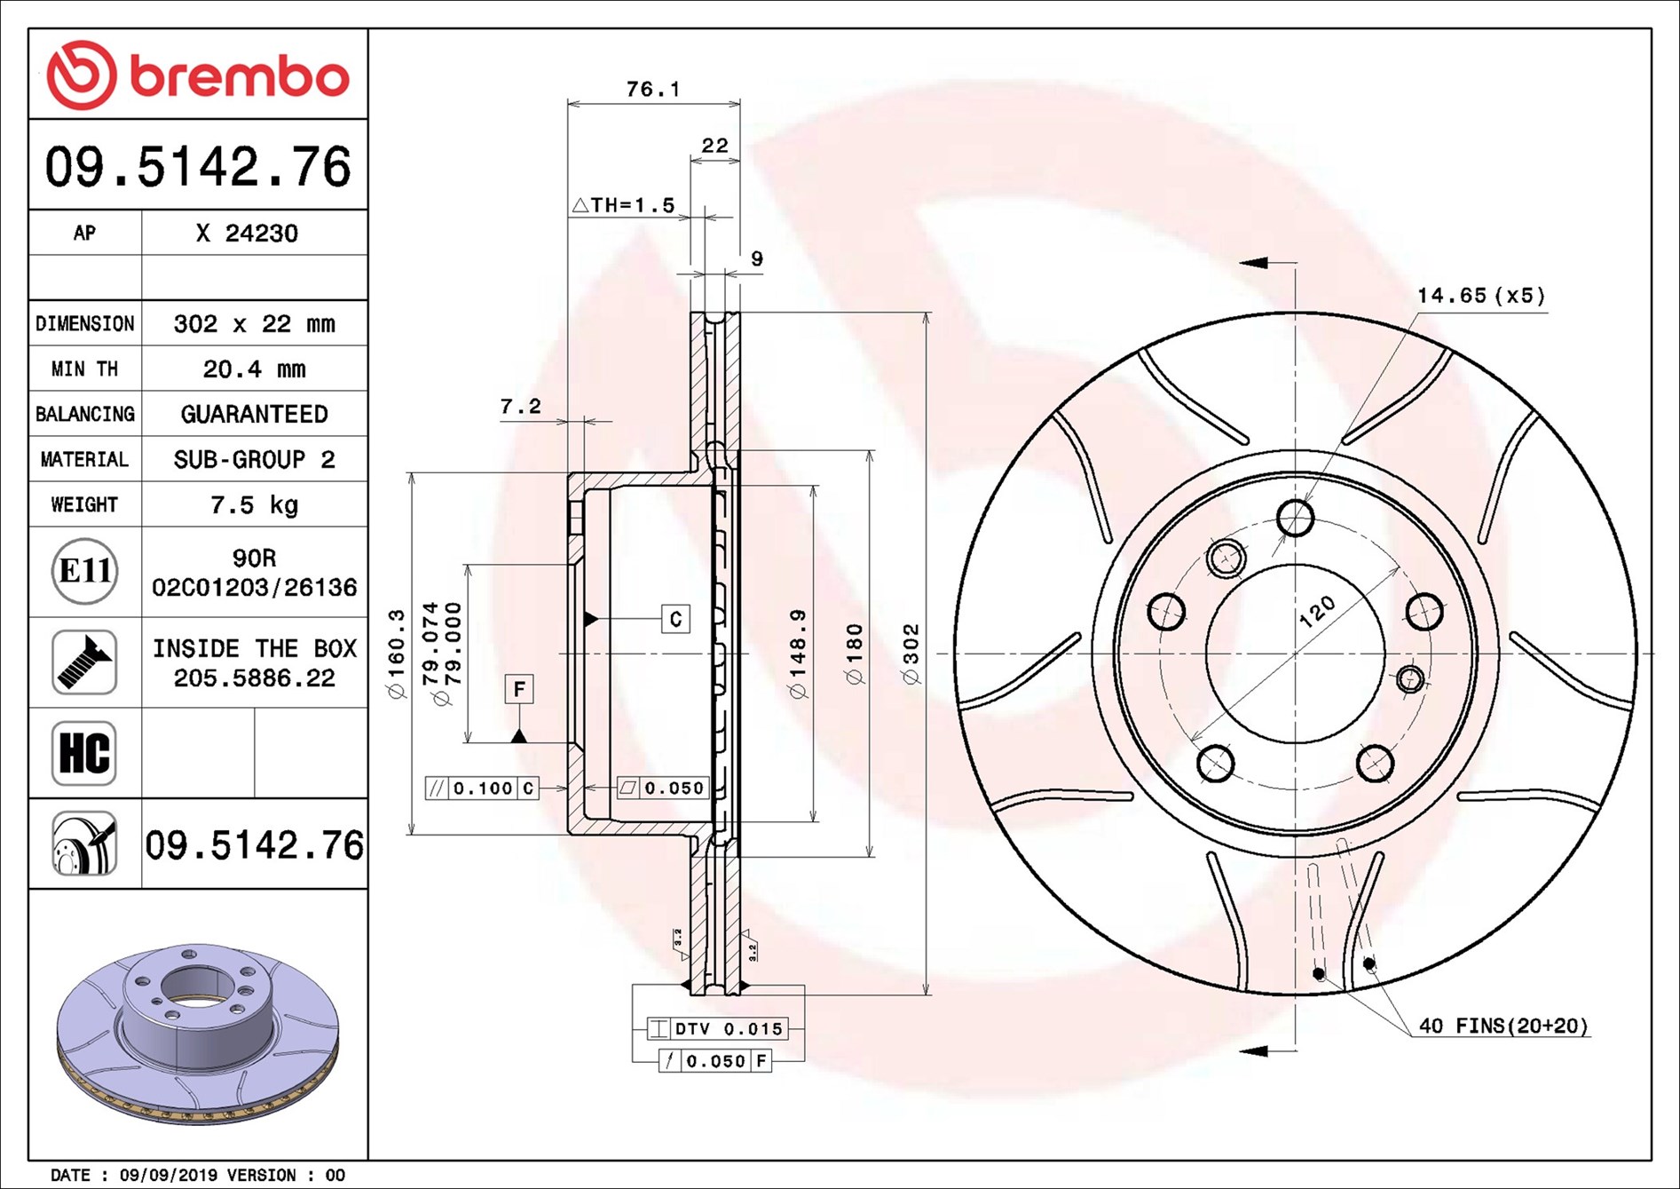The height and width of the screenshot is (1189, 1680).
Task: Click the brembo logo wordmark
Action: [240, 76]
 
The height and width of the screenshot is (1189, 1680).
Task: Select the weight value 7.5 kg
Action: [254, 505]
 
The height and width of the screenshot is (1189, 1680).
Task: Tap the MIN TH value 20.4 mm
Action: [254, 369]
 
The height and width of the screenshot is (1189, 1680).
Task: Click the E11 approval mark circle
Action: [84, 571]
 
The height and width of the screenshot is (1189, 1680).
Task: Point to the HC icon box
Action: [84, 753]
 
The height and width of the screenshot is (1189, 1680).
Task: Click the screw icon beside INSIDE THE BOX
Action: [84, 662]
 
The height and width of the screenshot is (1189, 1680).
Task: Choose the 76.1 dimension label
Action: [653, 89]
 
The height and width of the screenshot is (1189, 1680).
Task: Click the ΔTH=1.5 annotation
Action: [623, 205]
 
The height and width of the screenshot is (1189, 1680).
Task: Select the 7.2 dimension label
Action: [520, 407]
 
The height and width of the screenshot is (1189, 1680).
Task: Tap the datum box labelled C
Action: [676, 619]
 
